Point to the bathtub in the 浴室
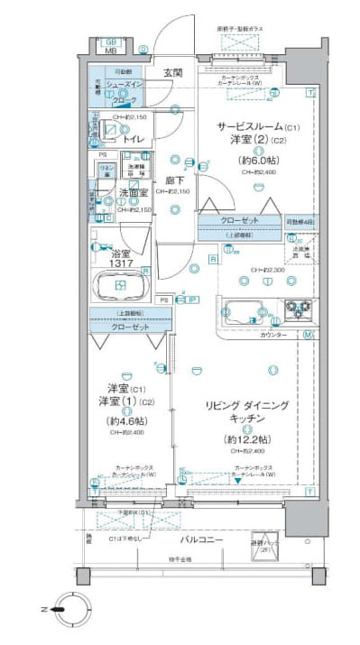coord(123,286)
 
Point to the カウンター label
coord(274,335)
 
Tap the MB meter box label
coord(112,51)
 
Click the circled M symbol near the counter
coord(308,336)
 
